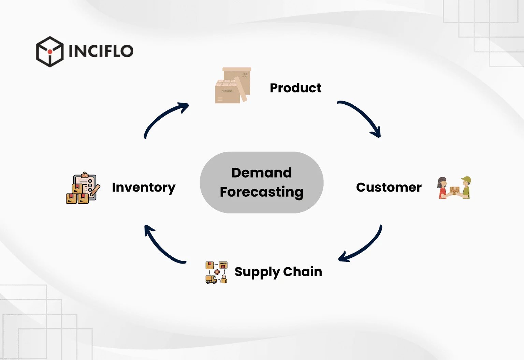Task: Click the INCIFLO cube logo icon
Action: point(50,51)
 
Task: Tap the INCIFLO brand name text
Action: point(101,51)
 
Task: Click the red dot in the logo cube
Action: point(50,52)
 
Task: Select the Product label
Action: point(295,88)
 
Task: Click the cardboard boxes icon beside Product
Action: point(233,85)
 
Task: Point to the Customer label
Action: point(389,187)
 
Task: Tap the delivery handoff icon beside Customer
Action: point(454,188)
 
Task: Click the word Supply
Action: point(257,272)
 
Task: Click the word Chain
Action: point(303,272)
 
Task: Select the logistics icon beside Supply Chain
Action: point(216,273)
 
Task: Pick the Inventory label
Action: point(144,187)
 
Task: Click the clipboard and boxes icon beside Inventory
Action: point(83,188)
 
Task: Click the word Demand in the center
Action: point(262,173)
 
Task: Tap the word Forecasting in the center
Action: point(262,192)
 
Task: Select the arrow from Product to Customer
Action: point(362,116)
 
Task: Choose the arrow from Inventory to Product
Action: point(164,118)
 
